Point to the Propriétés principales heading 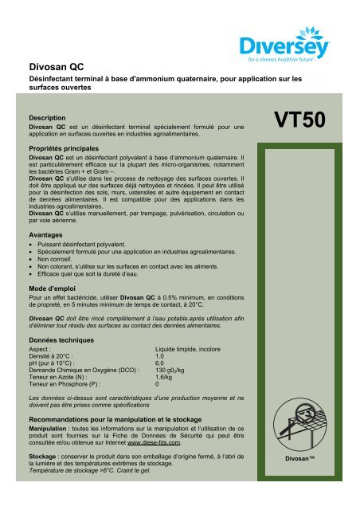coord(68,149)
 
